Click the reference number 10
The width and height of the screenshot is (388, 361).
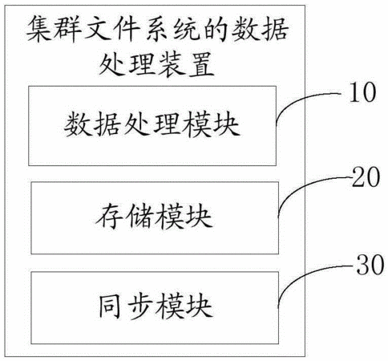[x=362, y=92]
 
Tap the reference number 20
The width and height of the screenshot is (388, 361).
[x=366, y=177]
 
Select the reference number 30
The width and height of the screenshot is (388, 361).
[x=370, y=265]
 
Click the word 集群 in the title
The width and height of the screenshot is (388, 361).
[x=55, y=29]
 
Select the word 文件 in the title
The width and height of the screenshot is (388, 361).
[x=112, y=29]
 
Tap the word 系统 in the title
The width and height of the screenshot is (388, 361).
[x=171, y=29]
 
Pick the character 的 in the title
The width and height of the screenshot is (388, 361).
[x=214, y=29]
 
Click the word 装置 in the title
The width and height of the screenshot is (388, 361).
[x=187, y=64]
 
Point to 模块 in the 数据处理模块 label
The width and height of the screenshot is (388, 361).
[x=210, y=124]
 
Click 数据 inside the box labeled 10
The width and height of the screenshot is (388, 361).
[x=91, y=124]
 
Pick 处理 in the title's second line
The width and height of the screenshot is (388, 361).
[x=127, y=64]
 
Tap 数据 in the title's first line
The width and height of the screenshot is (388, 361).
[x=260, y=29]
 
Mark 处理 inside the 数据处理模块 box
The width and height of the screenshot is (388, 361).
[x=152, y=124]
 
